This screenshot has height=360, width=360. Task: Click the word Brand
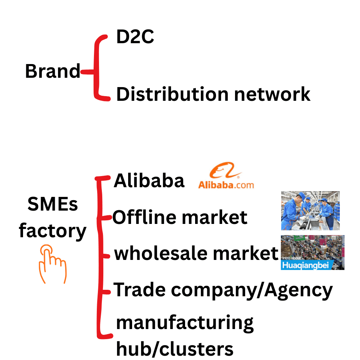coord(53,71)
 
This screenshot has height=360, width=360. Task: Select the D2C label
coord(135,37)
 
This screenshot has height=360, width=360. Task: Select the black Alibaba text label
coord(149,181)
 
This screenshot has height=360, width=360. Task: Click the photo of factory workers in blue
coord(310,211)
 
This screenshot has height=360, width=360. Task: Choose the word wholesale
coord(161,253)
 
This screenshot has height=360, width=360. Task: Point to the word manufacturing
coord(185,323)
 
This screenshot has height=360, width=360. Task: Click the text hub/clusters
coord(175,348)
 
